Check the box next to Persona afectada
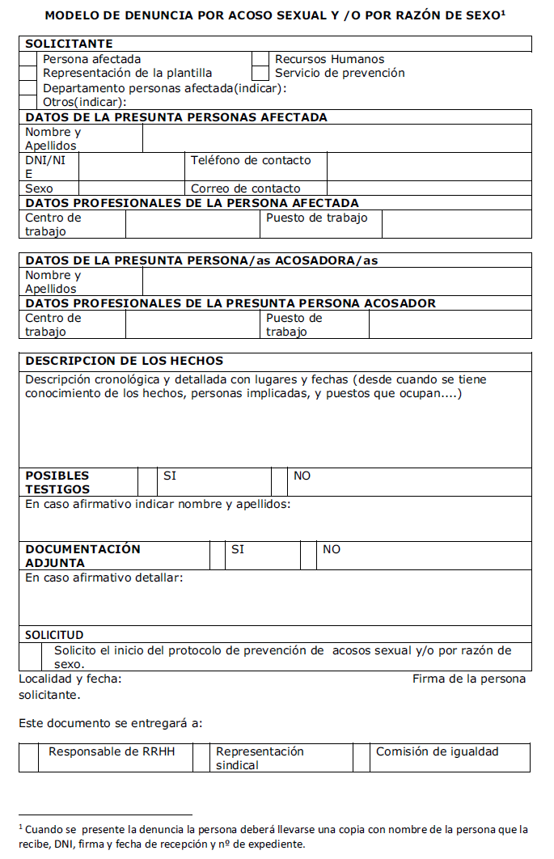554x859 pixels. point(28,59)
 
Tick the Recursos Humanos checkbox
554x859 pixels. point(260,59)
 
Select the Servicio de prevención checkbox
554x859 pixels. point(260,73)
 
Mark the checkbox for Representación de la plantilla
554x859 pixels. point(28,73)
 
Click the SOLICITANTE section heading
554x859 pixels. point(69,44)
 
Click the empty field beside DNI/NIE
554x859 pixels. point(131,167)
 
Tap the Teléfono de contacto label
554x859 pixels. point(250,160)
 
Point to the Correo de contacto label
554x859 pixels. point(246,188)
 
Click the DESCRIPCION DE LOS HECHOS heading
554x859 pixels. point(125,361)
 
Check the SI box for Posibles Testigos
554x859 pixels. point(147,481)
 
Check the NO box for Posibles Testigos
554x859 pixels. point(279,481)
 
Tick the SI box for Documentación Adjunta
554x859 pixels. point(218,556)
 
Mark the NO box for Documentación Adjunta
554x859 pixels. point(308,556)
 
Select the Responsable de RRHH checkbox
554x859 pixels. point(28,757)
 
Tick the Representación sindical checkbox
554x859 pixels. point(201,757)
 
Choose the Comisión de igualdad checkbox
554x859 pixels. point(361,757)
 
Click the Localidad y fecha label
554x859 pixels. point(70,679)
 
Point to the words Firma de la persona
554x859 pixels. point(469,679)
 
